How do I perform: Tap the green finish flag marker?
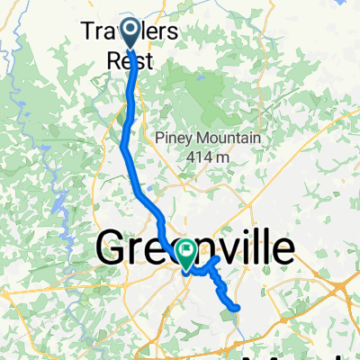pyautogui.click(x=187, y=252)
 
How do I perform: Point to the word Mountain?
pyautogui.click(x=226, y=138)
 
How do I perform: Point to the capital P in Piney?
pyautogui.click(x=159, y=138)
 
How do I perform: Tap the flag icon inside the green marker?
pyautogui.click(x=187, y=249)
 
